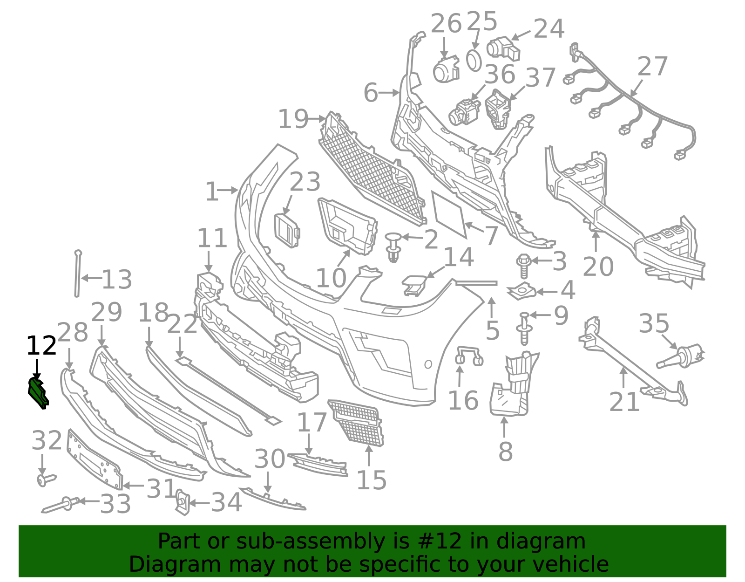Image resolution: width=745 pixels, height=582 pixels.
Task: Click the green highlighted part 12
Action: click(38, 394)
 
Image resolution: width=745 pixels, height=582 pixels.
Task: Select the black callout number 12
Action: click(41, 346)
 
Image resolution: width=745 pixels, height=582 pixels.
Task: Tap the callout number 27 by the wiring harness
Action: click(652, 66)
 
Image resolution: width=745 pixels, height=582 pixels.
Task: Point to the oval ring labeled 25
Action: click(474, 61)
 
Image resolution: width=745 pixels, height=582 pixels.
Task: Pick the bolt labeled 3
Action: click(523, 266)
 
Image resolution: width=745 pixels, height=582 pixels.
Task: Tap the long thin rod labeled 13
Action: click(77, 274)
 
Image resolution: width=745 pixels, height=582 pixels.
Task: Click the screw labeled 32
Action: click(46, 480)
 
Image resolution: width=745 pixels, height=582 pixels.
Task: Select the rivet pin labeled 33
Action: click(61, 505)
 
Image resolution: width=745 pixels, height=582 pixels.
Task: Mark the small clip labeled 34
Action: click(183, 502)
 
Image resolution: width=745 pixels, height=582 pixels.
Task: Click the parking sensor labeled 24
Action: click(503, 49)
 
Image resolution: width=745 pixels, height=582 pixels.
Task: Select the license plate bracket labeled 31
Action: click(95, 459)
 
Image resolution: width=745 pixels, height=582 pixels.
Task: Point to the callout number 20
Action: click(598, 267)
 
